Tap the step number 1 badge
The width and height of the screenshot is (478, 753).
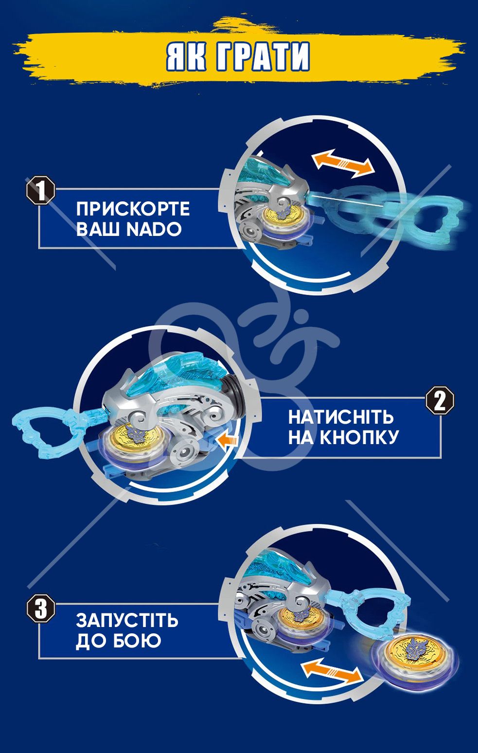coord(41,190)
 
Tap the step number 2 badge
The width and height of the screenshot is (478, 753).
coord(440,400)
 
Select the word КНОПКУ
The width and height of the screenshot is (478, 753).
coord(359,437)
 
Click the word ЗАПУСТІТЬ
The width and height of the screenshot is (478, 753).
coord(127,620)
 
